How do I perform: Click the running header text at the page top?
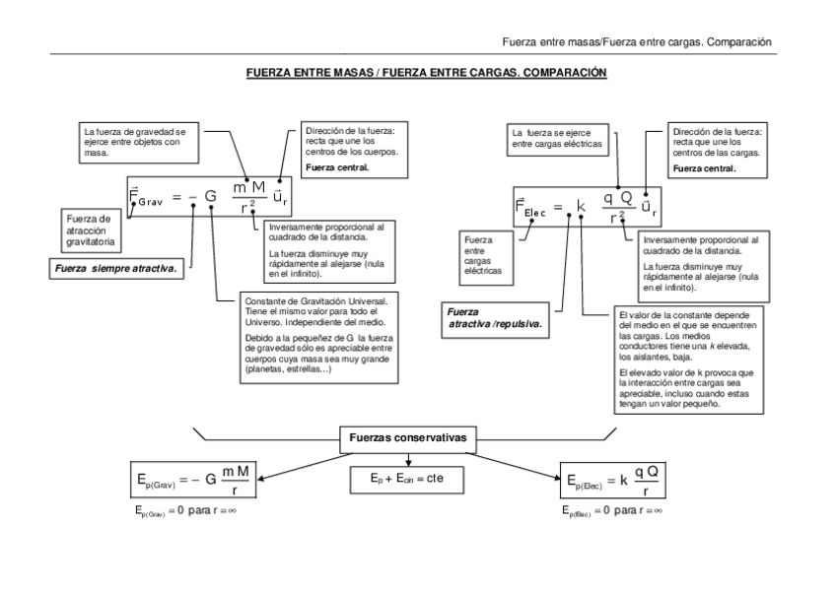point(636,41)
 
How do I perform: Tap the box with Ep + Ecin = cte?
point(408,478)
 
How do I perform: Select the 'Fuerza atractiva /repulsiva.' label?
point(494,318)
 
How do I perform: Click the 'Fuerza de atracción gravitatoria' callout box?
point(95,229)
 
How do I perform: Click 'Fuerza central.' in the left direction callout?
point(338,167)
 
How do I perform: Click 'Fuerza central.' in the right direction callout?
point(704,168)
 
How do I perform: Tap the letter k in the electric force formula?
point(581,208)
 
